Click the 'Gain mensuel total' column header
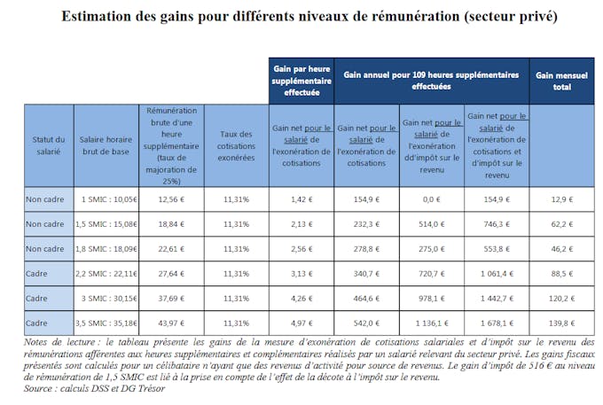point(561,81)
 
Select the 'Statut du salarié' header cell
point(49,145)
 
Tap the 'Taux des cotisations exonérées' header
point(236,145)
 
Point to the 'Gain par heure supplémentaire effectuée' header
point(301,81)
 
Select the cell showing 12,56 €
point(171,199)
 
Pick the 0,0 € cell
point(432,199)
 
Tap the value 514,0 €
point(432,224)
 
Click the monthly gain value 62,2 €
point(562,224)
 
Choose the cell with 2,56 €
point(301,249)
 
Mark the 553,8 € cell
point(497,249)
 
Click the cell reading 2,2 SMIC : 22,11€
point(106,274)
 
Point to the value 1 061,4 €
point(497,274)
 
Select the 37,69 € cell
point(171,298)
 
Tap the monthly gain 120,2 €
point(562,298)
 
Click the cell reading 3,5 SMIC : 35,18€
point(106,323)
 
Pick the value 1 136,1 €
point(432,323)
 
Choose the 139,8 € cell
point(562,323)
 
